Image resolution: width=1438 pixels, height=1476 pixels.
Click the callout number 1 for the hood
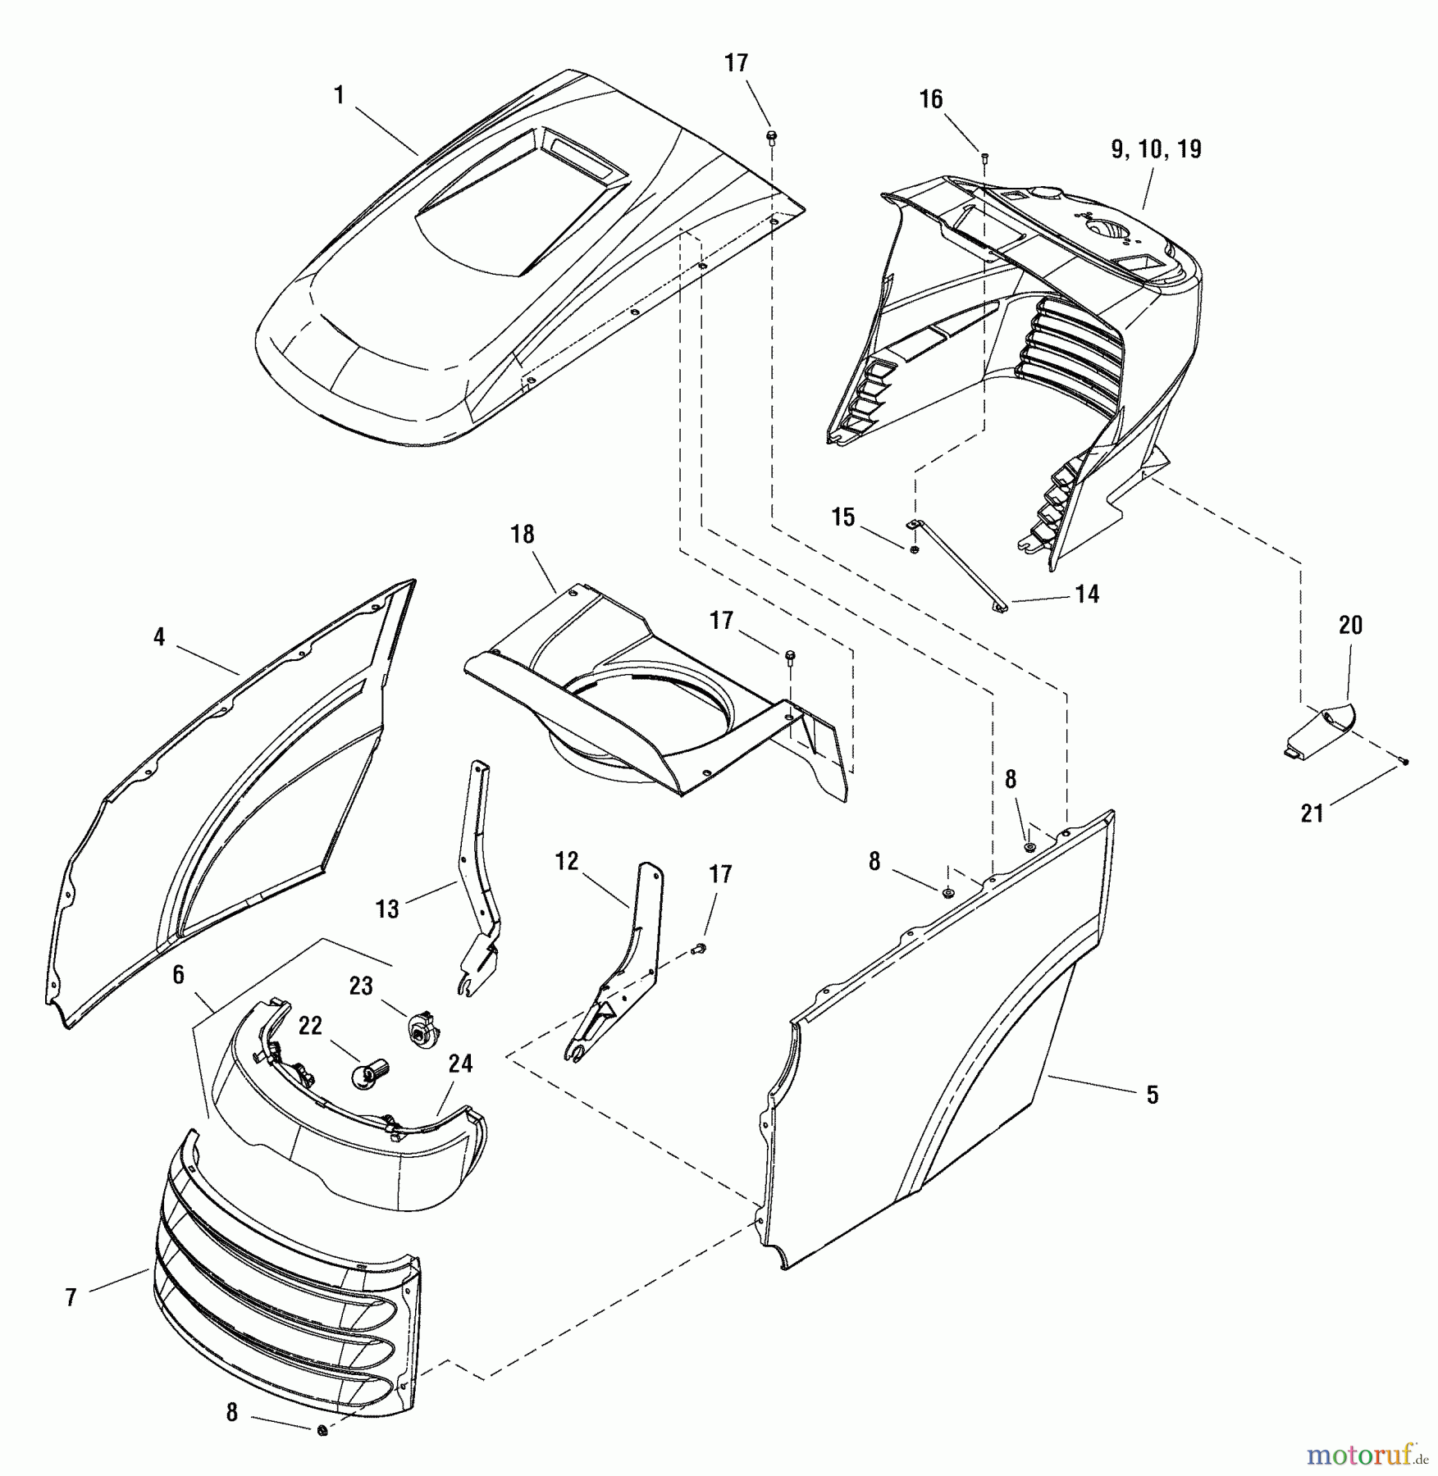tap(339, 96)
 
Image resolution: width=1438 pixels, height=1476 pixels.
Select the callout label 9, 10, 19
tap(1157, 149)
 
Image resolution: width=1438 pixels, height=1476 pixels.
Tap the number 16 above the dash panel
tap(931, 99)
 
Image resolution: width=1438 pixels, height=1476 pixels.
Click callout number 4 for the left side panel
tap(159, 637)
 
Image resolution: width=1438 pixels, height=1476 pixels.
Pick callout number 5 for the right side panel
tap(1153, 1095)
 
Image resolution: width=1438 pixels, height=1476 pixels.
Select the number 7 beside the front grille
tap(71, 1297)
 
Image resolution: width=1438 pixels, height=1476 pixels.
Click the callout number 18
tap(523, 535)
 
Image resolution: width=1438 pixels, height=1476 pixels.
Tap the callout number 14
tap(1087, 594)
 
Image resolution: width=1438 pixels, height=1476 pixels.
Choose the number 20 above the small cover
tap(1350, 626)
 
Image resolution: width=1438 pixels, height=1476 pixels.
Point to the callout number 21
tap(1312, 813)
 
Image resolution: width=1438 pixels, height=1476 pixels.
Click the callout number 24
tap(461, 1064)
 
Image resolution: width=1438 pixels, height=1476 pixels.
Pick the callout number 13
tap(387, 908)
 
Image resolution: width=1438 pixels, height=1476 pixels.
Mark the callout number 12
tap(567, 861)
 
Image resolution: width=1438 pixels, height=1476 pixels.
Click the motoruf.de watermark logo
tap(1365, 1454)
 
